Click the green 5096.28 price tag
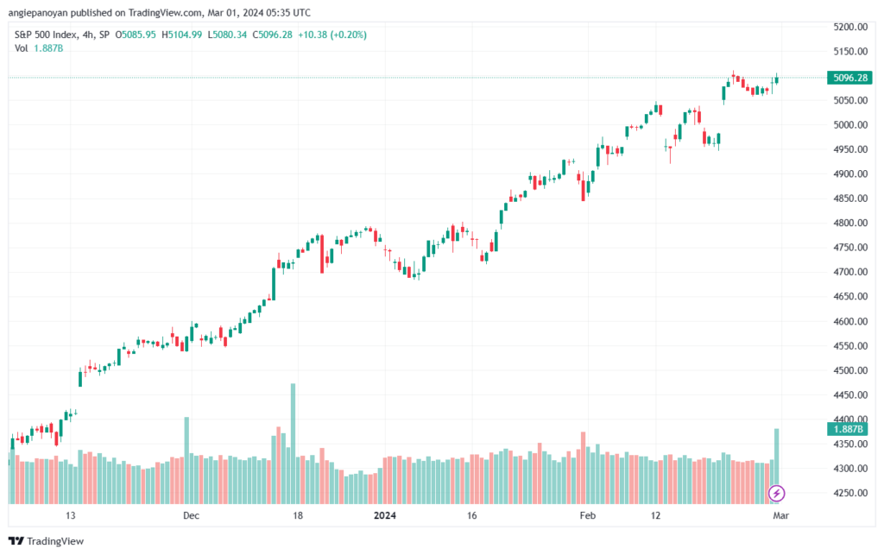(849, 78)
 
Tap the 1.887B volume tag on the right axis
(848, 429)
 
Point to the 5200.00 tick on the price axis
(850, 27)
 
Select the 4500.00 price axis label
(850, 370)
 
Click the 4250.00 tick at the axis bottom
(850, 493)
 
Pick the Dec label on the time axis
(191, 515)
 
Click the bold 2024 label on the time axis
(385, 515)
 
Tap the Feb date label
(587, 515)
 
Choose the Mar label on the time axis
(780, 515)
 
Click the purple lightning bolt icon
(776, 494)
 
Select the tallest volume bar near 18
(294, 444)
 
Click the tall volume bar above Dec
(186, 460)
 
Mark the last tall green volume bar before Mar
(777, 466)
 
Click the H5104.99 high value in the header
(181, 35)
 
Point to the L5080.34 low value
(227, 35)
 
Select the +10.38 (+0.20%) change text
(332, 35)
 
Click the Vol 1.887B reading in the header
(39, 48)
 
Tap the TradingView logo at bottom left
(47, 541)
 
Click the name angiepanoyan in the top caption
(38, 12)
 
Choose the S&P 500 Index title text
(46, 35)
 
